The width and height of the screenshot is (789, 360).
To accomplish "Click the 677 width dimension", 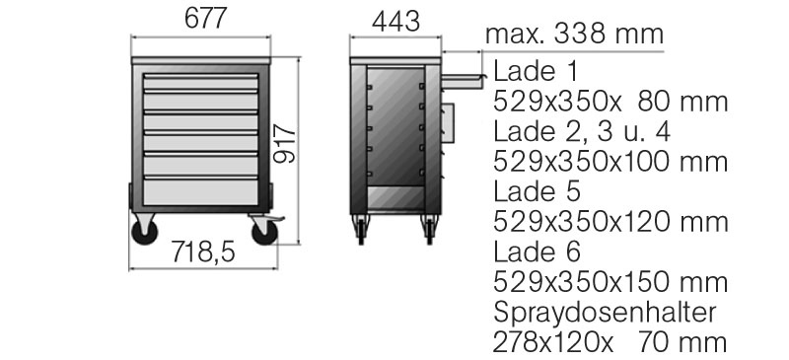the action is pyautogui.click(x=206, y=19).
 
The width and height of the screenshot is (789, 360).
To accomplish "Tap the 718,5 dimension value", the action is pyautogui.click(x=203, y=252).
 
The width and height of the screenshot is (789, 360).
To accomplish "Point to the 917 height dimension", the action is pyautogui.click(x=285, y=145).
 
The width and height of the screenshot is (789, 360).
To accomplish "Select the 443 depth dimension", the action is pyautogui.click(x=396, y=22).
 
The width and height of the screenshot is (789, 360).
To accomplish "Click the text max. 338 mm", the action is pyautogui.click(x=574, y=35).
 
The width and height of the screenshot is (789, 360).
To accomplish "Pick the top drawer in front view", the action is pyautogui.click(x=201, y=82).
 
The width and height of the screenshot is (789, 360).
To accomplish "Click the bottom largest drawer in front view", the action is pyautogui.click(x=201, y=191).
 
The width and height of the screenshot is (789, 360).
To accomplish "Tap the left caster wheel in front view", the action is pyautogui.click(x=144, y=232).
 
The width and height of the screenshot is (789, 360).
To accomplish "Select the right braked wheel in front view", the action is pyautogui.click(x=264, y=232).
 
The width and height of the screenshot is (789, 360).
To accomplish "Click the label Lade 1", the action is pyautogui.click(x=536, y=72).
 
